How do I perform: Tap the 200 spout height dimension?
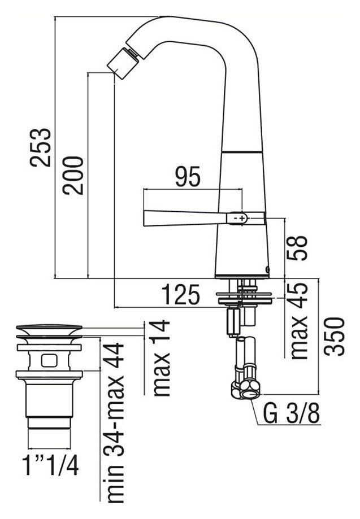click(x=73, y=175)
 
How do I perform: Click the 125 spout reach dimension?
click(x=181, y=294)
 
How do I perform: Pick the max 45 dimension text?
click(x=297, y=321)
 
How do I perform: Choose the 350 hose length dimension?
click(x=335, y=336)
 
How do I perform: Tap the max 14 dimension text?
click(x=161, y=358)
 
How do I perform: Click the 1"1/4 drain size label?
click(x=51, y=465)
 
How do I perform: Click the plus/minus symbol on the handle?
click(x=240, y=219)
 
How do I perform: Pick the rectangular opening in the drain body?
click(x=49, y=360)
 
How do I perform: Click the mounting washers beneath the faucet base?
click(x=244, y=297)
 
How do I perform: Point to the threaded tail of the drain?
click(x=49, y=422)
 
